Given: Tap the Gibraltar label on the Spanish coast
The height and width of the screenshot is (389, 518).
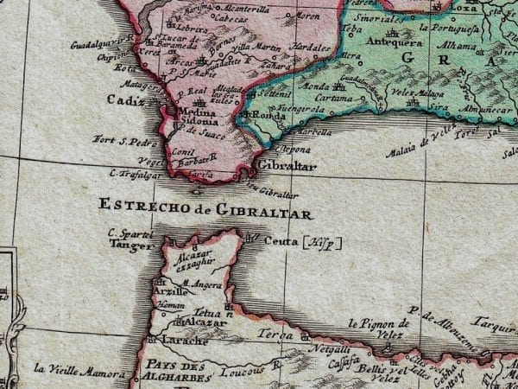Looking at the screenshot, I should (x=286, y=164).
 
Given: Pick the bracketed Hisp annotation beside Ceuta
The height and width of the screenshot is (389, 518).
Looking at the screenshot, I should (x=321, y=243).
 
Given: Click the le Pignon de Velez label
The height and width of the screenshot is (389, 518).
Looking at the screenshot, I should (x=376, y=327).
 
